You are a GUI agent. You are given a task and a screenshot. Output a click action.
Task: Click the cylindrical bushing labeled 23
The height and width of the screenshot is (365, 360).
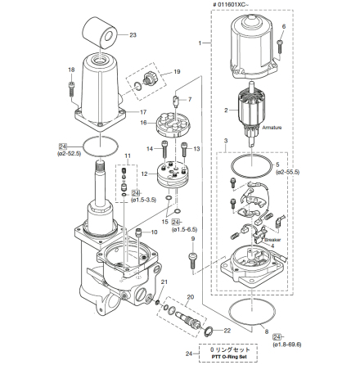pos(103,35)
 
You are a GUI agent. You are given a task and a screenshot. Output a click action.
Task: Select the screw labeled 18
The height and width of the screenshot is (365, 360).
pos(72,83)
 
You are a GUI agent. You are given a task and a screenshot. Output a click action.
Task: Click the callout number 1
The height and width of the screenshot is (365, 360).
pos(201,41)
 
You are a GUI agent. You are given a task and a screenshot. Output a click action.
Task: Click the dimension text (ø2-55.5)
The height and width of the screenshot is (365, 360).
pos(289,173)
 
